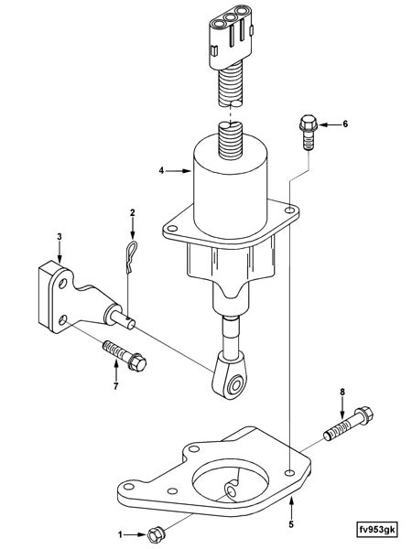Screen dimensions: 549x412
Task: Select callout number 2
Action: (x=132, y=213)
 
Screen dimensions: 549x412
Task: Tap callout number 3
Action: (x=60, y=237)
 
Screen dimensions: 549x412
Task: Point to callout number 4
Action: (x=161, y=170)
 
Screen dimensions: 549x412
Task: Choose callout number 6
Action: (x=345, y=123)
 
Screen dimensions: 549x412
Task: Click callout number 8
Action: (x=343, y=393)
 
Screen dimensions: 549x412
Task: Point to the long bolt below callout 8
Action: (x=346, y=425)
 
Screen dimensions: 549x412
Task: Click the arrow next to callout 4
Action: (x=179, y=170)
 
